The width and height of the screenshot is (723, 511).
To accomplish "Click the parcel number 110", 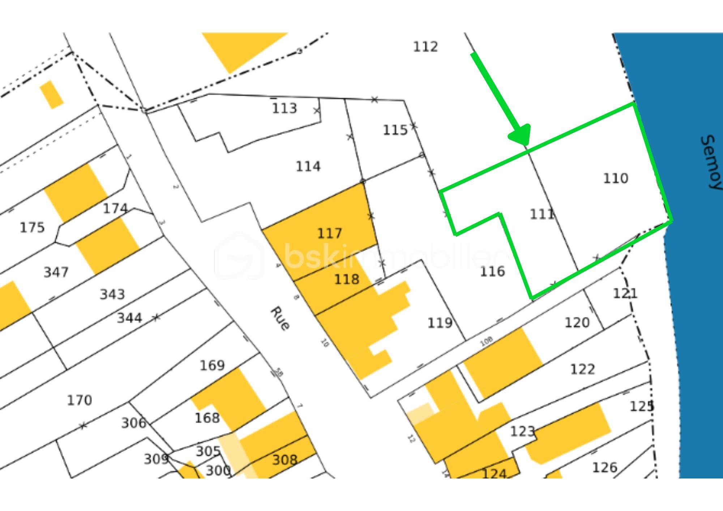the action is pos(616,178).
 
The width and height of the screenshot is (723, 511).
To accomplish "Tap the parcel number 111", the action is pos(542,214).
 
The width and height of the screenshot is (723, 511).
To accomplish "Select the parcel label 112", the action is pos(425,47).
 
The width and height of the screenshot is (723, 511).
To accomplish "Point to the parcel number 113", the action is pos(285,108).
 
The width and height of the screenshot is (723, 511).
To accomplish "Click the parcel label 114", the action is pos(308,167).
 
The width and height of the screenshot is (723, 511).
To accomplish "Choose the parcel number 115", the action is pos(395,130).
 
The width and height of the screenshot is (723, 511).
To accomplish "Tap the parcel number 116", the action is pos(492,271).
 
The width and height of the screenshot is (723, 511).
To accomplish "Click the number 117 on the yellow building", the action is pos(329,233).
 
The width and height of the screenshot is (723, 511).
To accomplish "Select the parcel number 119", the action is pos(440,323).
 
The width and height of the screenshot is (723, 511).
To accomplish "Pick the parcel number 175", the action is pos(32,228).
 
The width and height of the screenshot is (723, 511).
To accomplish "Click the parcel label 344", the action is pos(129,318).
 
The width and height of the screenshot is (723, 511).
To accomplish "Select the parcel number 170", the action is pos(80,400).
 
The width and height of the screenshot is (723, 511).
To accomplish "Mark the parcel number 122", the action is pos(582,369).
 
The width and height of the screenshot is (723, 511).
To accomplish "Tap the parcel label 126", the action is pos(604,468).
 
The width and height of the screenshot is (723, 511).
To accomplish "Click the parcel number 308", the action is pos(285,460).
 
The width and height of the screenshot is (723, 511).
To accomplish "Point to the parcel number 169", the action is pos(212,365).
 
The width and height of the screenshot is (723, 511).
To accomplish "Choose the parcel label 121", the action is pos(625,293).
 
